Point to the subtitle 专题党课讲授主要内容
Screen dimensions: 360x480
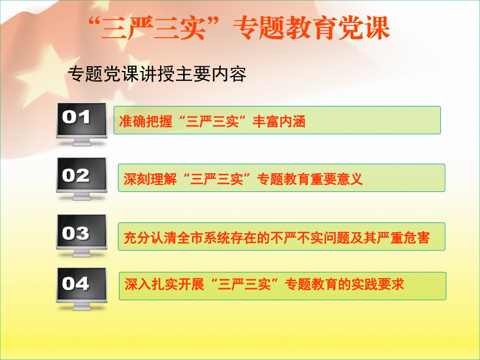[x=157, y=75]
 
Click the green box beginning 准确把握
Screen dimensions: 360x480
[x=277, y=121]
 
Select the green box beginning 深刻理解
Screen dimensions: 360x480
[x=281, y=178]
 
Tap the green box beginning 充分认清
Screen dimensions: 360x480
[x=282, y=237]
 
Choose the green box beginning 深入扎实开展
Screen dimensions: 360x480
[x=282, y=285]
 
